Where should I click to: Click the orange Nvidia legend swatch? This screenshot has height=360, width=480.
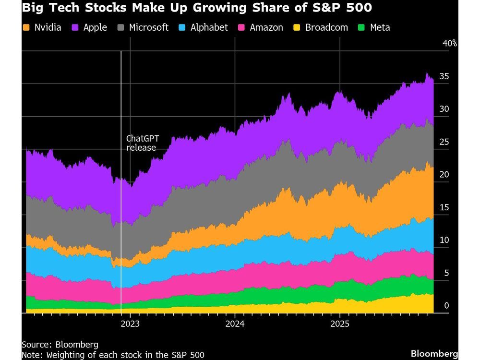(26, 27)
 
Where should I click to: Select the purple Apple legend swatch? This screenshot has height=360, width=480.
(75, 27)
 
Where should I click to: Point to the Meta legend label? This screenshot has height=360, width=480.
(380, 27)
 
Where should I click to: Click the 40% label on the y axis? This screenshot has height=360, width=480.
(450, 44)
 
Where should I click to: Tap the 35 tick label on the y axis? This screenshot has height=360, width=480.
(444, 76)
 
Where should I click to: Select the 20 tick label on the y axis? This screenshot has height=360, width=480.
(444, 175)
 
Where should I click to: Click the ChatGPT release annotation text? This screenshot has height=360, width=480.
(142, 143)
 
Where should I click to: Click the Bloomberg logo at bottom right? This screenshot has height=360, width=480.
(434, 354)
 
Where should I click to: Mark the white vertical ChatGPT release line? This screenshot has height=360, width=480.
(121, 216)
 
